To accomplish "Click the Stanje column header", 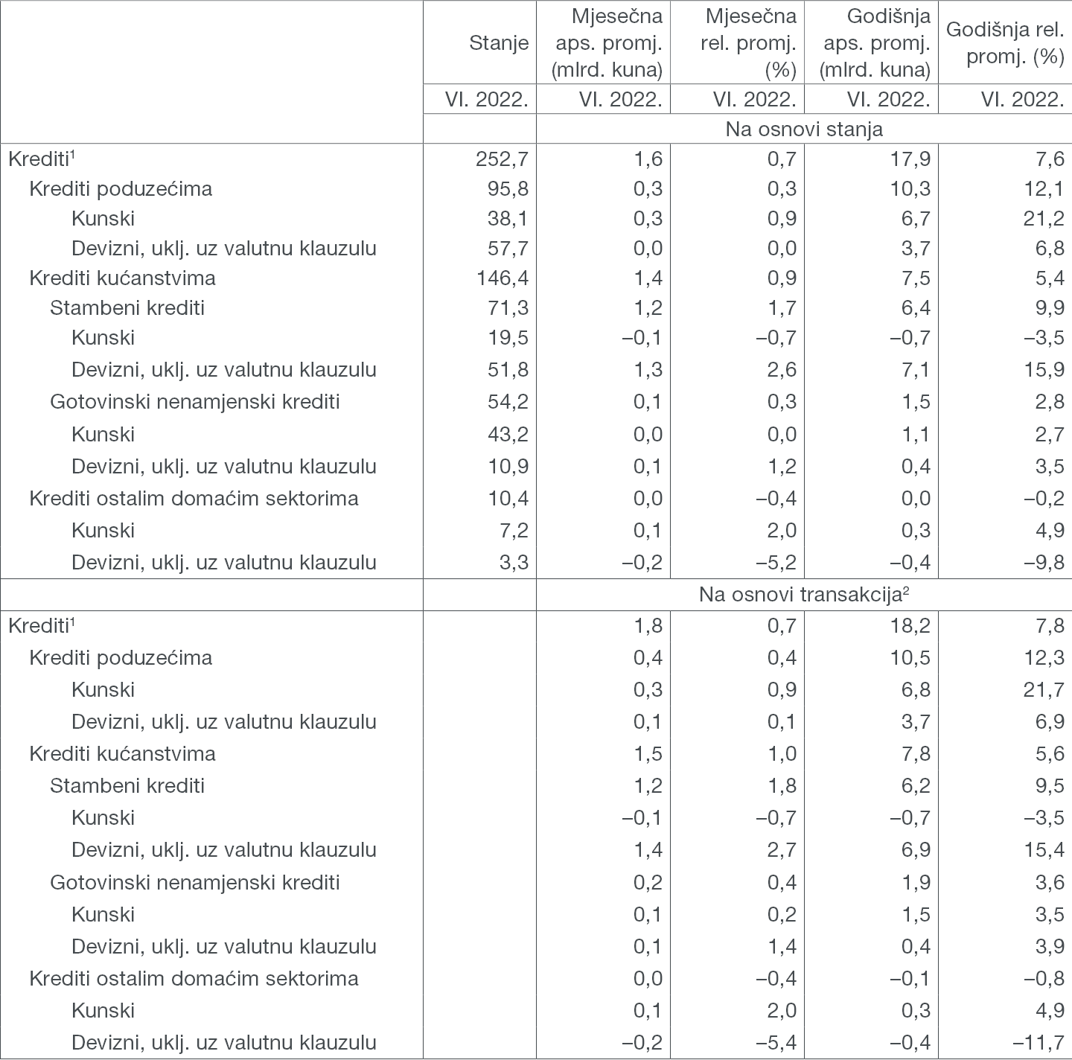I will coord(499,43).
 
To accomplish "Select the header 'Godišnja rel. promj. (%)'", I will coord(1005,43).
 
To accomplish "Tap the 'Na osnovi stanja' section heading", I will coord(804,129).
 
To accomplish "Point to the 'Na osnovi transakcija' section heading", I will coord(804,595).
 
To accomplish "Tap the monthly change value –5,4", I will coord(776,1042).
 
